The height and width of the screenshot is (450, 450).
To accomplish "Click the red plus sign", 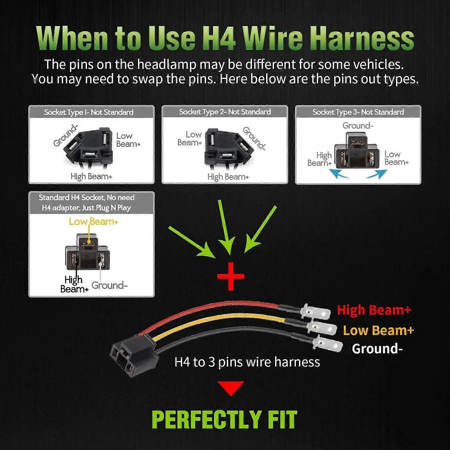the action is [x=231, y=276].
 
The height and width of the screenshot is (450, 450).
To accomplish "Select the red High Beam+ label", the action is [x=374, y=310].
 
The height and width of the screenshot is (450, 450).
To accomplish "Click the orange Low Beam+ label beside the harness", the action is [x=379, y=330].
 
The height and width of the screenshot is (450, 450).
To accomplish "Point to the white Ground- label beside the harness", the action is [x=377, y=349].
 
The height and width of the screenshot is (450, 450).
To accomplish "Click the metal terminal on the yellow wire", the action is [x=322, y=328].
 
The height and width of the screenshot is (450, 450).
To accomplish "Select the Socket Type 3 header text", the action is [x=358, y=112].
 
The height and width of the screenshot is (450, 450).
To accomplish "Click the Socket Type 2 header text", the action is [x=225, y=112].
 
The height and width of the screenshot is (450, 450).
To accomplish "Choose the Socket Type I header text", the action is [x=88, y=112].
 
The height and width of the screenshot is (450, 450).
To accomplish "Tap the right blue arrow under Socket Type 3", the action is [x=377, y=174].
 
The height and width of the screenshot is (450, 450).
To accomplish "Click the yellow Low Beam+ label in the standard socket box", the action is [x=94, y=222].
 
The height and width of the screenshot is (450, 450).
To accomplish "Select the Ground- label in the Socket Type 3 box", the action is [x=358, y=125].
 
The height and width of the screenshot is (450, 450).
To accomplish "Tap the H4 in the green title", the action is [x=219, y=38].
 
